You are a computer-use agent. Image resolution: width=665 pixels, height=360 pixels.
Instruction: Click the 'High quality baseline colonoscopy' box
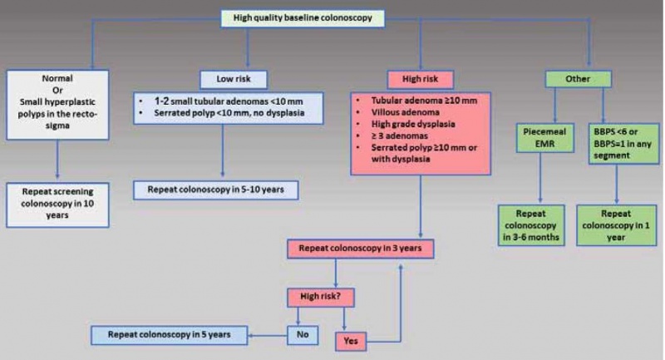point(303,17)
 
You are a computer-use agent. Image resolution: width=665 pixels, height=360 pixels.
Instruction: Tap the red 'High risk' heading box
point(420,80)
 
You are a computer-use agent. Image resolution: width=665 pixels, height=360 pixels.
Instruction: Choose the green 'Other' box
point(578,80)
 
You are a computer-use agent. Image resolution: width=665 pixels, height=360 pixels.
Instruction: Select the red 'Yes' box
point(351,340)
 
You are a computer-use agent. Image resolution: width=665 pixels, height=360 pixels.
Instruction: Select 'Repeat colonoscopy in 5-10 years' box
point(215,189)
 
